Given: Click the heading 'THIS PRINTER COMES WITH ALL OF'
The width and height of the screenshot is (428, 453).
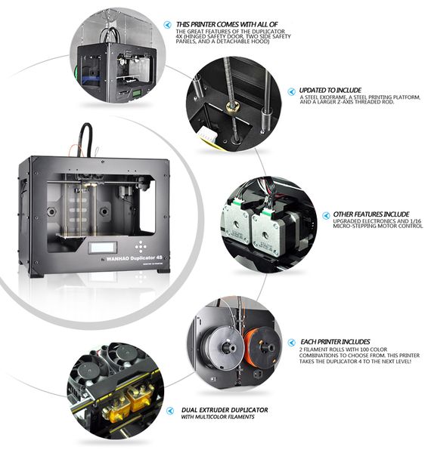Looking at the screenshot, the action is (x=227, y=25).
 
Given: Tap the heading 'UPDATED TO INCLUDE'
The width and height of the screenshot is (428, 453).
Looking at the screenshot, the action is (x=330, y=90).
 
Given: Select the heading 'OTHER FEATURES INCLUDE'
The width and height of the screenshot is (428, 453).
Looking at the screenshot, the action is (x=371, y=214).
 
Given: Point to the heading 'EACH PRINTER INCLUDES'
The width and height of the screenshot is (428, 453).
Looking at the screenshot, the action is (x=335, y=342).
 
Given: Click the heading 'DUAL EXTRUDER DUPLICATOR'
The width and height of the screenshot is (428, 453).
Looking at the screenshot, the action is (x=225, y=410).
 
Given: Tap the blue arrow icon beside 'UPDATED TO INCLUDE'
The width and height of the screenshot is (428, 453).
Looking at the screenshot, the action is (x=291, y=91).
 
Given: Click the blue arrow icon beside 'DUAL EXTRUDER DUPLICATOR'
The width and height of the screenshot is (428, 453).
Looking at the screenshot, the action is (x=170, y=411).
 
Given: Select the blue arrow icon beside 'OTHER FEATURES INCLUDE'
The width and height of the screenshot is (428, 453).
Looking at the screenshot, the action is (x=326, y=215).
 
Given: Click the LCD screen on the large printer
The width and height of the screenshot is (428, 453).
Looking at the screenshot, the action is (x=102, y=248).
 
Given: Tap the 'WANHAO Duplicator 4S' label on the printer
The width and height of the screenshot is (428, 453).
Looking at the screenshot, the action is (x=135, y=258).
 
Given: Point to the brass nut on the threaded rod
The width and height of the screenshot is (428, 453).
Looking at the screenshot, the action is (x=232, y=107).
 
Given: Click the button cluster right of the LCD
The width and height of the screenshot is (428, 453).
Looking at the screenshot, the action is (x=141, y=247).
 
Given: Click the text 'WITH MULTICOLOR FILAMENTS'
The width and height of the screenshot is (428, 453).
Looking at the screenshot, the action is (x=218, y=417).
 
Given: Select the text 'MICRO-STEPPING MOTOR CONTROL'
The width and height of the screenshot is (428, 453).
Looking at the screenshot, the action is (x=377, y=226).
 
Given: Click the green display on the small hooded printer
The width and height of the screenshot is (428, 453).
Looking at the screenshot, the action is (x=135, y=94).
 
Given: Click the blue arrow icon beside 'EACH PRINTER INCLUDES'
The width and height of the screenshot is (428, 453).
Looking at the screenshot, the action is (x=291, y=343).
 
